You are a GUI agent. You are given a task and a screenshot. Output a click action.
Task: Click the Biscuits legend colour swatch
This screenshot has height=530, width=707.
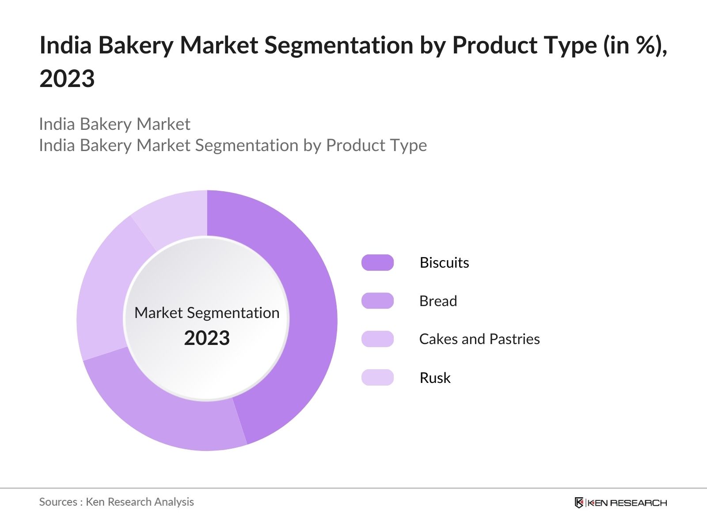pyautogui.click(x=377, y=263)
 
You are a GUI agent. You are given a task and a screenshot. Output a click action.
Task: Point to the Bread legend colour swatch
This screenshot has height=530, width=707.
pyautogui.click(x=377, y=301)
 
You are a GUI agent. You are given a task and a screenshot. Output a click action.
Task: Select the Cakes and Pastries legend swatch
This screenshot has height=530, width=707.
pyautogui.click(x=377, y=339)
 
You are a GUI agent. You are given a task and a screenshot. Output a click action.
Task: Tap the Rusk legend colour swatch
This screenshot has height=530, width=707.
pyautogui.click(x=377, y=378)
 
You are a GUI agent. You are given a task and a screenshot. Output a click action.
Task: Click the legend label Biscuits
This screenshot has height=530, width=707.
pyautogui.click(x=444, y=263)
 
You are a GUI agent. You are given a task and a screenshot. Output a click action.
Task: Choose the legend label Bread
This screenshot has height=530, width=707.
pyautogui.click(x=438, y=301)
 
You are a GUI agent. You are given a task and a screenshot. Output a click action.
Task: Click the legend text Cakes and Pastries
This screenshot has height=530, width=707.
pyautogui.click(x=479, y=339)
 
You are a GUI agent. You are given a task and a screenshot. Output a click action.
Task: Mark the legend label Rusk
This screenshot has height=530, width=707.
pyautogui.click(x=435, y=378)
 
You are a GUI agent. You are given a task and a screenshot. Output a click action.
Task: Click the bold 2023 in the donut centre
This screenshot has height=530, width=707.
pyautogui.click(x=207, y=338)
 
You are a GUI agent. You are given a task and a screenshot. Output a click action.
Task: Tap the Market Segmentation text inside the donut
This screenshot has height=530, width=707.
pyautogui.click(x=207, y=313)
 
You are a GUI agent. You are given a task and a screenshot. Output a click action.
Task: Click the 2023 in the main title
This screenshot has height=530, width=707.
pyautogui.click(x=67, y=79)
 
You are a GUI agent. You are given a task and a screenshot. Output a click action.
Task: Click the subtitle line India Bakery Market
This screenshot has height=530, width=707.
pyautogui.click(x=114, y=124)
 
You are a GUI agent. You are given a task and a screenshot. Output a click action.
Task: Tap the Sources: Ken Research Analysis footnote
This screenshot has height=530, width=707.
pyautogui.click(x=116, y=502)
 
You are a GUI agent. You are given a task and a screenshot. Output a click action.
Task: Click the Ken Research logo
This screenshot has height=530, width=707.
pyautogui.click(x=620, y=503)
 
